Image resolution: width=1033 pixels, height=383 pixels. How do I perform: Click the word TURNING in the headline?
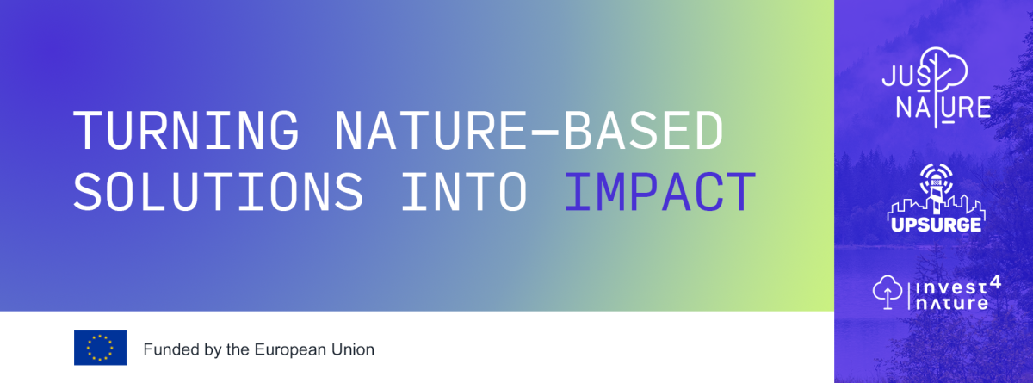186,131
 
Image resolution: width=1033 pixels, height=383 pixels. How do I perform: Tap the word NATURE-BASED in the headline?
529,131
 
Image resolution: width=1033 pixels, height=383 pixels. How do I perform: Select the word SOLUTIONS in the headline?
218,192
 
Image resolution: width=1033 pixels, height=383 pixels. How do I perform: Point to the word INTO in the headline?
464,192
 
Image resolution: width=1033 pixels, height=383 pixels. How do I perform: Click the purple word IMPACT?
660,192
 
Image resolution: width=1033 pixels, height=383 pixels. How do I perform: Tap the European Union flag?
101,348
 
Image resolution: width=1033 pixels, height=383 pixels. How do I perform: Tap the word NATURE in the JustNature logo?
943,107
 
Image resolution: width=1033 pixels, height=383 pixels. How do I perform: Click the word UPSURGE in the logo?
937,225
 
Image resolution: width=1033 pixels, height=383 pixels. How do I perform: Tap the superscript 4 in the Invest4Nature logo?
996,283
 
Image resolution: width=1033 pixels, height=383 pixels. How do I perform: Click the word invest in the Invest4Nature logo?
951,288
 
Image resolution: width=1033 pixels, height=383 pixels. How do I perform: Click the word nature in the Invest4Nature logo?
952,303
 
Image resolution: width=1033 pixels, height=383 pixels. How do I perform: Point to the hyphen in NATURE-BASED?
546,133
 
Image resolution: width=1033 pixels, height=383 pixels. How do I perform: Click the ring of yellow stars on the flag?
100,348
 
